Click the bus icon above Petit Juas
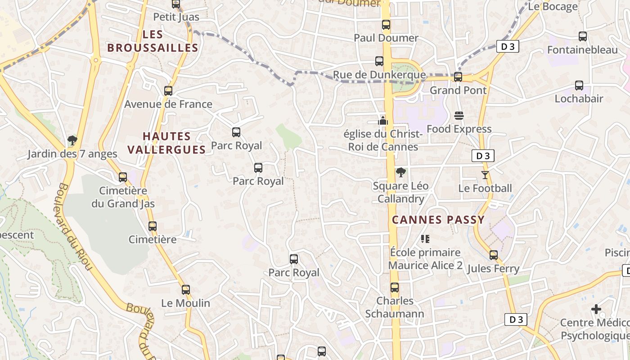pos(176,4)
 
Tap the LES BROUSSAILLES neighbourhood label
pos(153,41)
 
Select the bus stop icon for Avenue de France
pos(168,90)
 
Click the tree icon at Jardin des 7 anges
pos(72,140)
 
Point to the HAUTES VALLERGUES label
pos(166,143)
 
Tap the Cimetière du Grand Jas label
pos(123,197)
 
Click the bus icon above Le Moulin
pos(186,290)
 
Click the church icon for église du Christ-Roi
pos(383,120)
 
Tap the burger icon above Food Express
pos(459,116)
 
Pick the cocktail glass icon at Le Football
pos(485,175)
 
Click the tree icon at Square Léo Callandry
pos(400,172)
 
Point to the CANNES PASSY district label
pos(438,220)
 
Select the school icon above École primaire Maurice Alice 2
pos(425,239)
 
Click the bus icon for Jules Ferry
pos(494,255)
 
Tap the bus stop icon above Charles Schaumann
pos(395,287)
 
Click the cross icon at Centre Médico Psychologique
pos(596,309)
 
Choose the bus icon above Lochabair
pos(579,85)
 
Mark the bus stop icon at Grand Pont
pos(458,77)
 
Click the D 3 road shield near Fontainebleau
pos(508,46)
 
